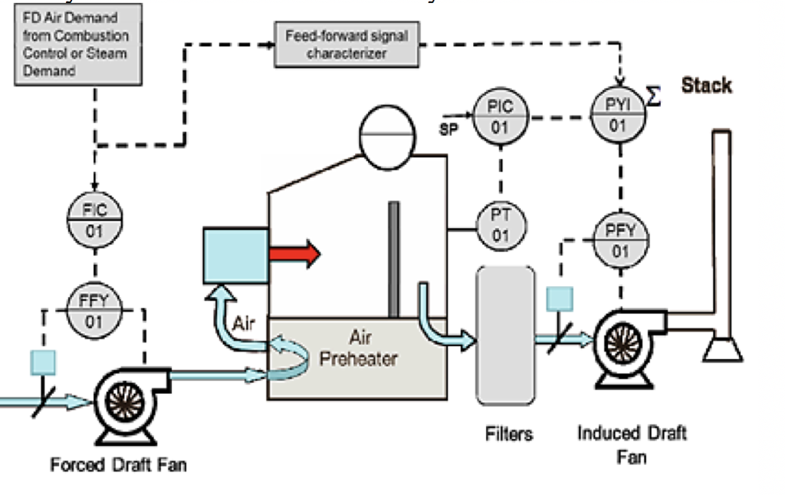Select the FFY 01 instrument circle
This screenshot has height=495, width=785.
click(x=94, y=311)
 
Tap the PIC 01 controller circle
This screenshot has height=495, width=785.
click(x=500, y=117)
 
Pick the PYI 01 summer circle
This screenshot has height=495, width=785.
click(x=618, y=115)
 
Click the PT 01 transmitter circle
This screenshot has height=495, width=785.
click(x=501, y=226)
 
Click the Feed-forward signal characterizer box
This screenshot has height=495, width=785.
click(x=347, y=45)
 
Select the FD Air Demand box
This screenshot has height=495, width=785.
click(x=78, y=45)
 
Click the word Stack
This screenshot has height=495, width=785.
click(x=706, y=85)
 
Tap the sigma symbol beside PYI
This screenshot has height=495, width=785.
click(x=653, y=97)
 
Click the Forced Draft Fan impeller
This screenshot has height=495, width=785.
click(x=123, y=401)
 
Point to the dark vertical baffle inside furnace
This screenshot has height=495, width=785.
click(x=393, y=259)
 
